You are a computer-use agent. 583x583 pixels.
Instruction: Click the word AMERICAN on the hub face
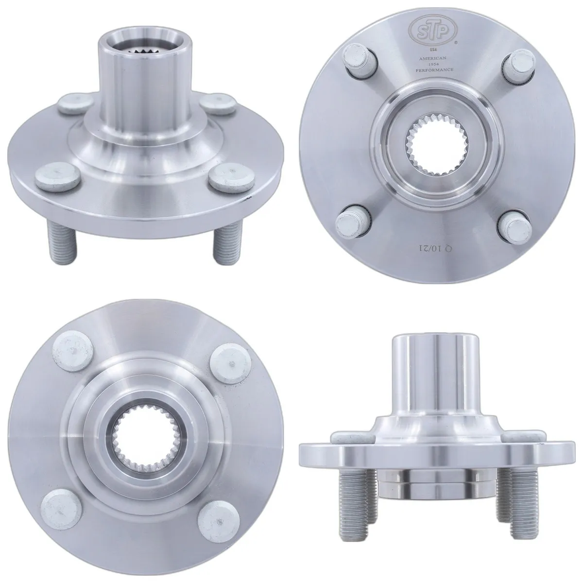[x=432, y=58]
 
